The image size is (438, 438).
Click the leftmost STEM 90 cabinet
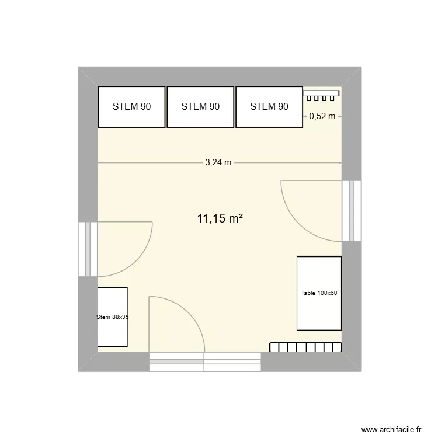(x=131, y=107)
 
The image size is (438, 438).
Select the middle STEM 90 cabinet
(x=200, y=107)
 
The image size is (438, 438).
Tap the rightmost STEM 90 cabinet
(x=269, y=107)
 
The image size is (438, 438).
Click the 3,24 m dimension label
(x=218, y=163)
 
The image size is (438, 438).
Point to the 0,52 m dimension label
(x=322, y=116)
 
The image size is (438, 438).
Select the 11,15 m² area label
(x=220, y=219)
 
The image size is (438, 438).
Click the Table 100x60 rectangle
(x=319, y=293)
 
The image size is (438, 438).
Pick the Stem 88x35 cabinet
(x=113, y=317)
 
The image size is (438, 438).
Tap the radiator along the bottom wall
(x=305, y=347)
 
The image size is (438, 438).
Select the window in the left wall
(x=88, y=248)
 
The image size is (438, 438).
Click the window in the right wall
(x=352, y=211)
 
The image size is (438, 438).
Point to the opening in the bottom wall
(x=205, y=361)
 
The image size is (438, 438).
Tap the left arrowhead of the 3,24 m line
(x=100, y=163)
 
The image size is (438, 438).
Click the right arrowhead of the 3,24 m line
(x=340, y=163)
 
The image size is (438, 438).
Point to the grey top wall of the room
(x=220, y=77)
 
